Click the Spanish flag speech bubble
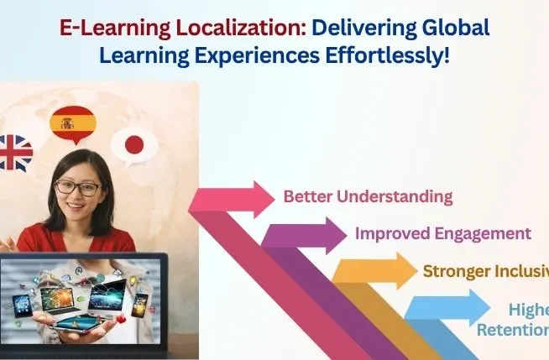(73, 123)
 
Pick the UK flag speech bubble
(16, 153)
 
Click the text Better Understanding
(368, 197)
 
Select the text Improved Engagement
(443, 233)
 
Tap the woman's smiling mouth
(77, 211)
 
